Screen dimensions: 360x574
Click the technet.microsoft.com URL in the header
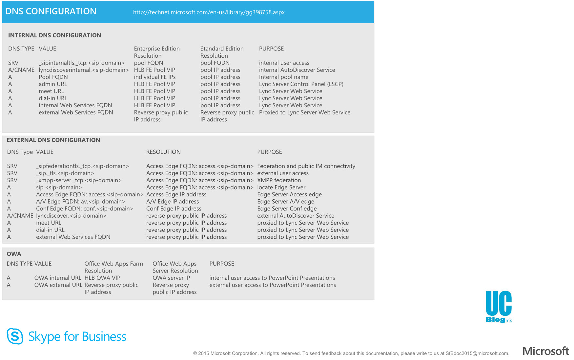209,12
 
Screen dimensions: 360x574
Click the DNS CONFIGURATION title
51,11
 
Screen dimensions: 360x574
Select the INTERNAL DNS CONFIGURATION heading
54,35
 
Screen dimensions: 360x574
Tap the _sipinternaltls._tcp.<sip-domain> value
82,63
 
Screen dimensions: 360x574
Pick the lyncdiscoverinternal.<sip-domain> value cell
84,70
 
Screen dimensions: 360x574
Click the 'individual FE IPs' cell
154,77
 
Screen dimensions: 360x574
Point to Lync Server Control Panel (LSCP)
301,84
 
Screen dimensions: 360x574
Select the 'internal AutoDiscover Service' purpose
297,70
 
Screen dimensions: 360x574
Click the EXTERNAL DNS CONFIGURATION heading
53,140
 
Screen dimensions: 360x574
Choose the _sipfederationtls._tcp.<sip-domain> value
82,166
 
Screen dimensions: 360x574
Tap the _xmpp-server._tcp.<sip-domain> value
79,180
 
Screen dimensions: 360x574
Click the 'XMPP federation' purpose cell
279,180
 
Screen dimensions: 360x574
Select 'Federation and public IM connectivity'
306,166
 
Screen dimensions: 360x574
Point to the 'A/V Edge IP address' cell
173,202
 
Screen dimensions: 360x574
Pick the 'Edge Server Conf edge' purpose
287,209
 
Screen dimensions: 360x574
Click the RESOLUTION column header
163,152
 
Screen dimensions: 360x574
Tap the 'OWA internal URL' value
58,278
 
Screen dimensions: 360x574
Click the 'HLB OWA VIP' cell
102,278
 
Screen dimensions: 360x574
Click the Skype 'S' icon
15,336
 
